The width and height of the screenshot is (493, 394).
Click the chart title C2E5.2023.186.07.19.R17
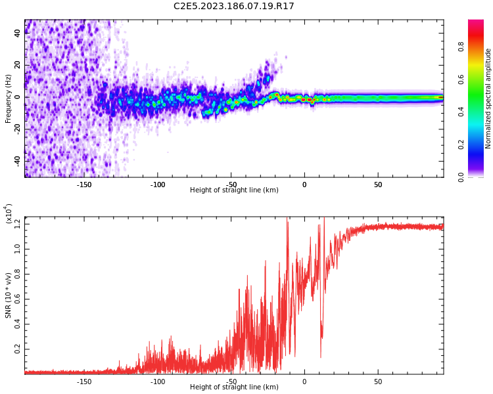click(233, 7)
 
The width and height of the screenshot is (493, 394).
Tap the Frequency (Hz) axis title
click(9, 98)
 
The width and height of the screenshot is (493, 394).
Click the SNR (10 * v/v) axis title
click(9, 295)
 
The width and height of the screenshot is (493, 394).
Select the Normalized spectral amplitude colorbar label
click(488, 98)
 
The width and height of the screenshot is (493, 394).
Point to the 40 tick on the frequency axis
click(17, 34)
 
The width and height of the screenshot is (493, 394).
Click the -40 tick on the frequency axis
click(16, 160)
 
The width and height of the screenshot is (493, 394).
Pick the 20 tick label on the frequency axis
click(17, 66)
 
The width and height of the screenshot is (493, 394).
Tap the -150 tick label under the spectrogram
click(83, 185)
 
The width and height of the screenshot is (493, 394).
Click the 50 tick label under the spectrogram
click(378, 185)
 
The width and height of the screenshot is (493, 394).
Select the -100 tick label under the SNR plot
click(158, 381)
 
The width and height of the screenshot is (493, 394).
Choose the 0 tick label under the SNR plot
click(304, 381)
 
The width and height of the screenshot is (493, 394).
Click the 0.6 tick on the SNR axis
click(17, 299)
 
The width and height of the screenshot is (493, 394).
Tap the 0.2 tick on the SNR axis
click(17, 349)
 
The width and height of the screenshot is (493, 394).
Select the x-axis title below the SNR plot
click(234, 387)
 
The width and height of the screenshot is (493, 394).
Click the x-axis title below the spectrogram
click(234, 190)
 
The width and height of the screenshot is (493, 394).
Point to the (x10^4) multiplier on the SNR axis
click(9, 214)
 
